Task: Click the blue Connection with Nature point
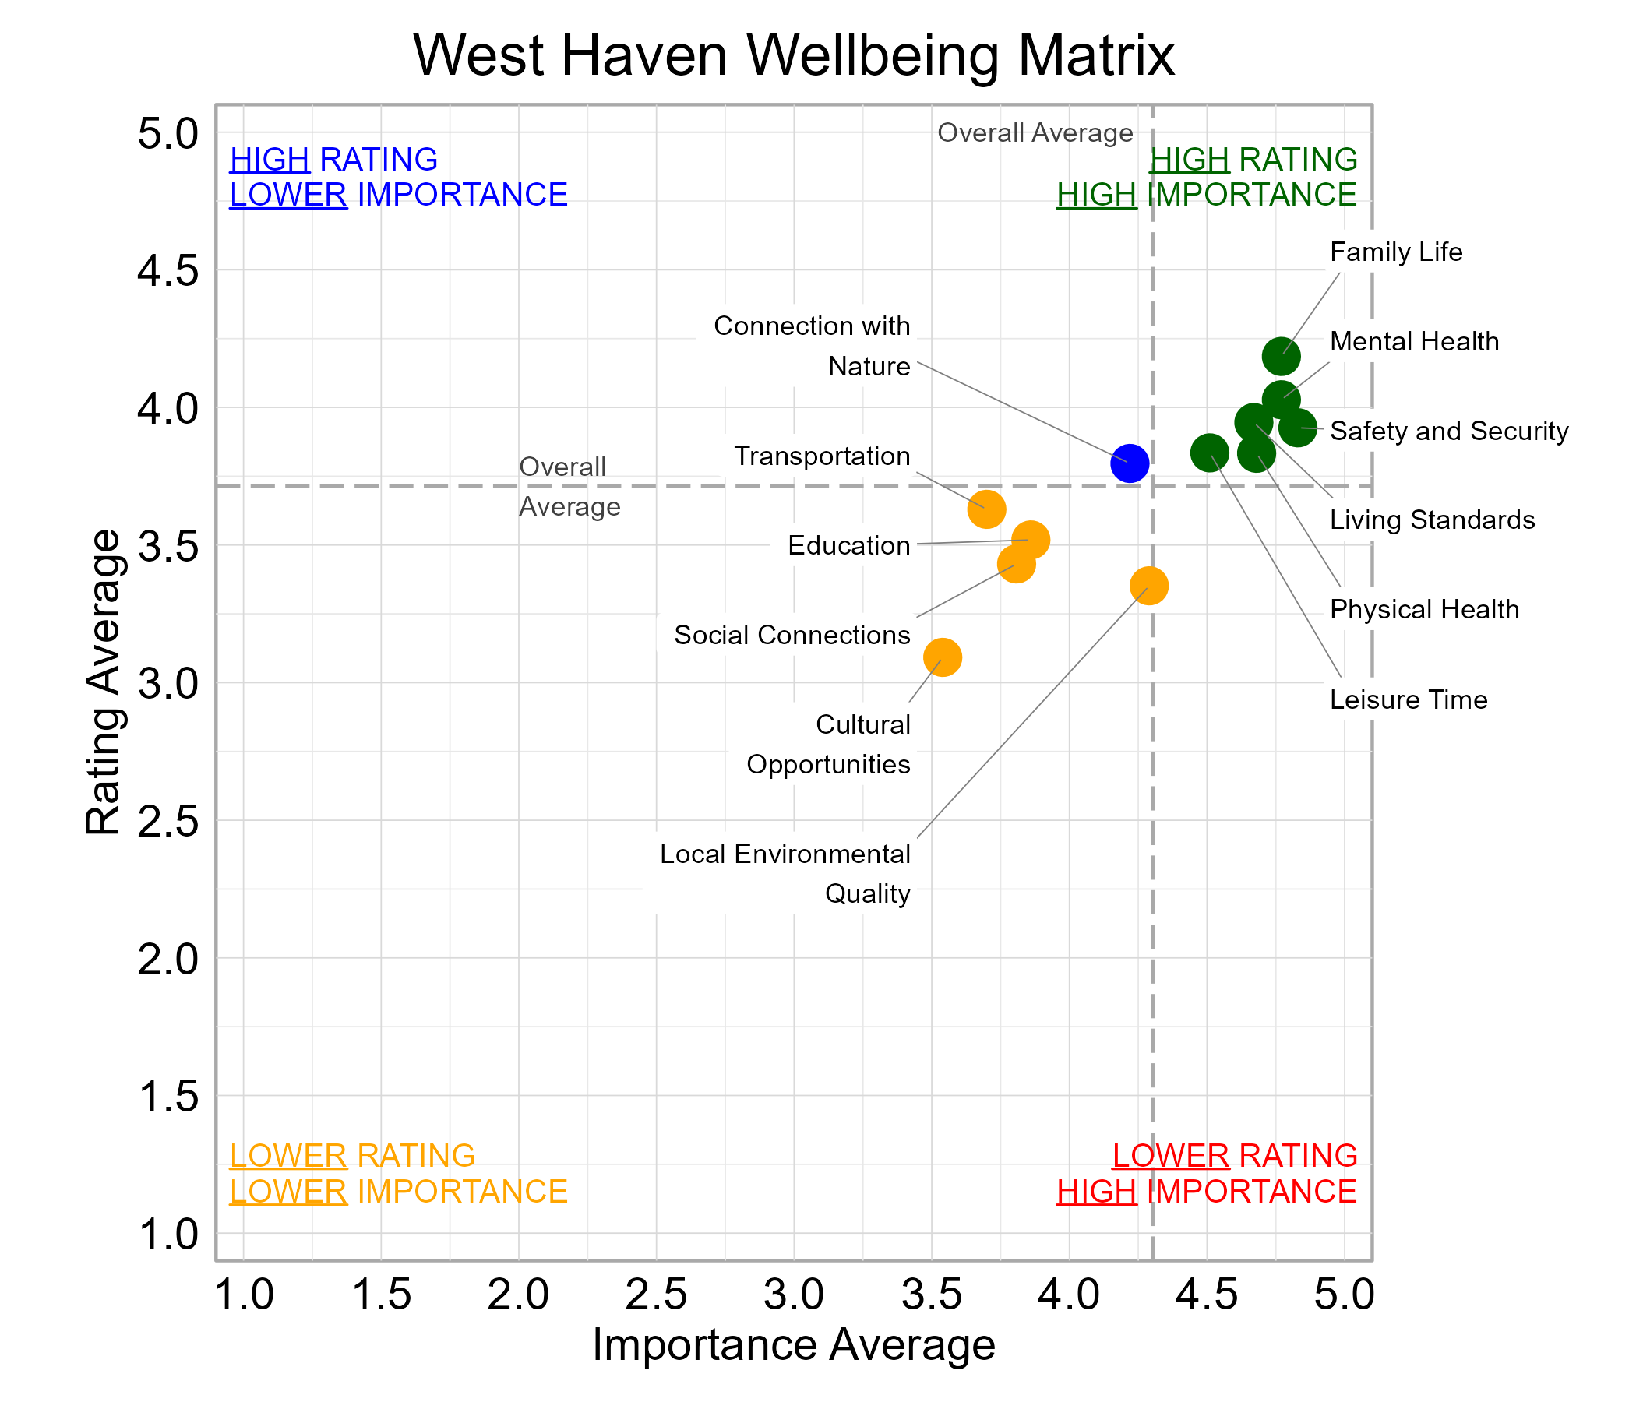(x=1129, y=463)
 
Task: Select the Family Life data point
(x=1281, y=357)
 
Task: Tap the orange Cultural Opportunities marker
(x=942, y=657)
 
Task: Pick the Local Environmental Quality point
(x=1149, y=586)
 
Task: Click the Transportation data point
(x=986, y=509)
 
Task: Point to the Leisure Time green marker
(x=1209, y=453)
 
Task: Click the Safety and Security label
(x=1448, y=431)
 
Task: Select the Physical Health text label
(x=1423, y=609)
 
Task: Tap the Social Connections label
(x=792, y=635)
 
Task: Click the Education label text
(x=848, y=545)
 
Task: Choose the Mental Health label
(x=1413, y=342)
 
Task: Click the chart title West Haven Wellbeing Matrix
(x=794, y=55)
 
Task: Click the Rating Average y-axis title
(x=104, y=682)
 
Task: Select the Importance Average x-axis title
(x=794, y=1344)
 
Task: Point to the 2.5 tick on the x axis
(x=655, y=1295)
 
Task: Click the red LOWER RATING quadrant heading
(x=1234, y=1156)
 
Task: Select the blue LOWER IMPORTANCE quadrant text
(x=398, y=195)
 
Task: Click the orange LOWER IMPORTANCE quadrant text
(x=398, y=1191)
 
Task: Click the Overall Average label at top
(x=1035, y=132)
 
